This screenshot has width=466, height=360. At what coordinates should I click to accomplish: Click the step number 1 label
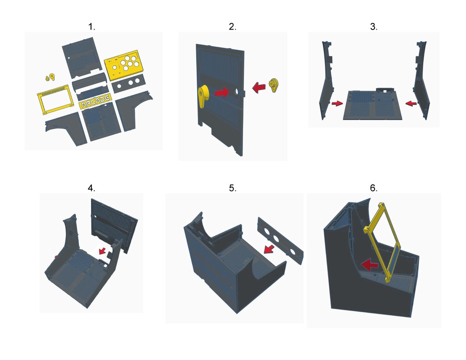[92, 27]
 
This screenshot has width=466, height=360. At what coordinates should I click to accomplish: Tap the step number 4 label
[92, 188]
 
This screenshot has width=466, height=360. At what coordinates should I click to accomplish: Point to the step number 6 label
[374, 188]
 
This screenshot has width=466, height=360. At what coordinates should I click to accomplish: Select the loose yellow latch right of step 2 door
[274, 85]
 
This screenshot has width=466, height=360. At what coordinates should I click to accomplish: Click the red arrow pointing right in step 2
[222, 92]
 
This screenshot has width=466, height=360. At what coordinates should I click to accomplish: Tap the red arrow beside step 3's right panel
[411, 104]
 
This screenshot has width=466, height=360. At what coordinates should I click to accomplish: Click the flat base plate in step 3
[374, 106]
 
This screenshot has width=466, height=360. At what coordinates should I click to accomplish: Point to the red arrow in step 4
[103, 250]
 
